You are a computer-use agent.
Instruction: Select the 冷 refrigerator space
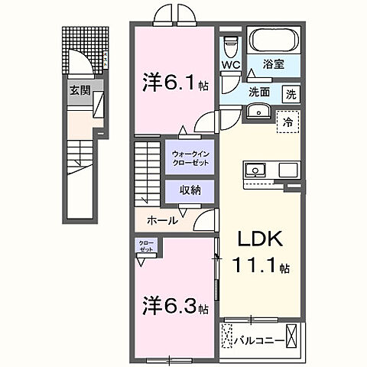tap(287, 121)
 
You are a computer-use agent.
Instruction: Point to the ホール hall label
tap(162, 220)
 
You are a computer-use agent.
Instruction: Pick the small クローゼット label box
tap(145, 246)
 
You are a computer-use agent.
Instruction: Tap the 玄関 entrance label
tap(80, 89)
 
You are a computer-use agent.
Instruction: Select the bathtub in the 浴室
tap(275, 40)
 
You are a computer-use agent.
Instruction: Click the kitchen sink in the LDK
tap(254, 169)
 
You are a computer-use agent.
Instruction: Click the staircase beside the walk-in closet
tap(150, 172)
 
